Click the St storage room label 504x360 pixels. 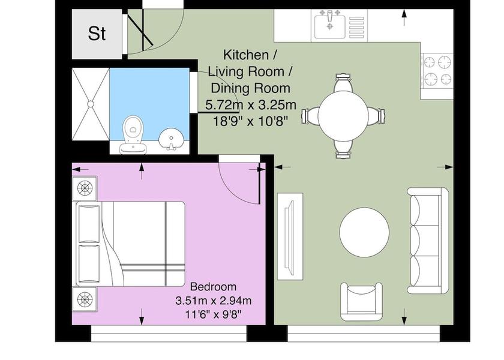[x=97, y=34]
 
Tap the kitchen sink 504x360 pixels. [x=329, y=25]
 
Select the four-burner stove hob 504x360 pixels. [x=437, y=70]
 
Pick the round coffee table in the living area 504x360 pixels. [x=364, y=232]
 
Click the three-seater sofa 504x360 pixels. [x=428, y=239]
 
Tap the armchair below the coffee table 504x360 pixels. [x=361, y=302]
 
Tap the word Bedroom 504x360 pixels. [x=213, y=287]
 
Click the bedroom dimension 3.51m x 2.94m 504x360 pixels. [x=213, y=301]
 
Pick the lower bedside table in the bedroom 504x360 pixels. [x=85, y=298]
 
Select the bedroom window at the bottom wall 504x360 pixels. [x=169, y=333]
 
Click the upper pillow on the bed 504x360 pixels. [x=89, y=222]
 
